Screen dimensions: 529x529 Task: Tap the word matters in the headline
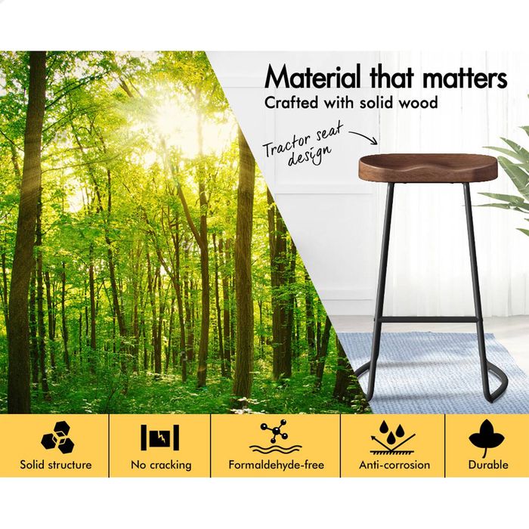[x=462, y=78]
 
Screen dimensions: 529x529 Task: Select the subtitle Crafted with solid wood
[x=351, y=102]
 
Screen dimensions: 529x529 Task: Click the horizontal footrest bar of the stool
[x=424, y=320]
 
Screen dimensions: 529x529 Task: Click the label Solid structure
[x=56, y=465]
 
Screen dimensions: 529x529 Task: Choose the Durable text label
[x=487, y=465]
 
